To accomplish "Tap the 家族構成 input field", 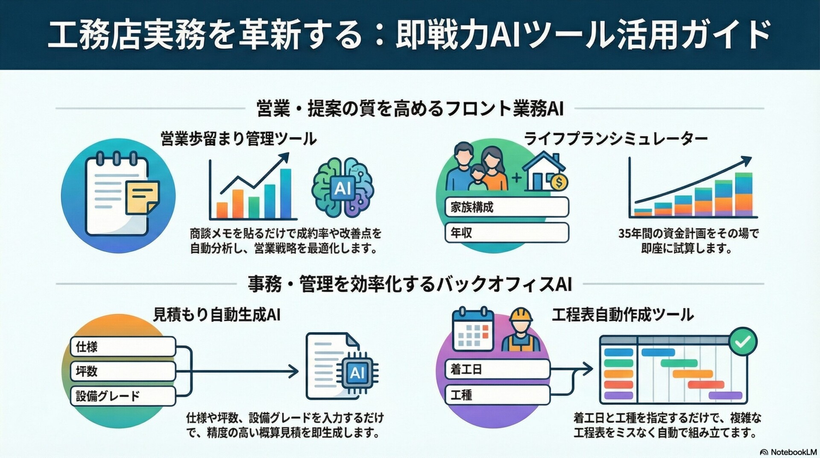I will point(507,208).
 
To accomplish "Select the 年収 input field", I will point(507,233).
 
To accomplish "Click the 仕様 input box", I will point(123,346).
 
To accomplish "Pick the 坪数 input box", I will point(123,371).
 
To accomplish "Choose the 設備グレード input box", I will point(123,396).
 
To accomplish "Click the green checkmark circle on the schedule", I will point(743,341).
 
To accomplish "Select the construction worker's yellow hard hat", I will point(521,315).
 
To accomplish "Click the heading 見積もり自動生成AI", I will point(217,315).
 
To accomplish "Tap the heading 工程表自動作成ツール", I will point(622,315).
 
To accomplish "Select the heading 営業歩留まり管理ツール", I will point(238,139).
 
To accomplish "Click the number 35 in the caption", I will point(624,234).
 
